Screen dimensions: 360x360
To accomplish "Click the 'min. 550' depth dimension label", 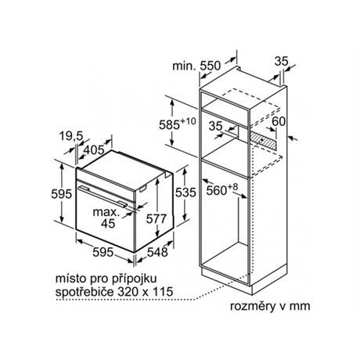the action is (196, 66).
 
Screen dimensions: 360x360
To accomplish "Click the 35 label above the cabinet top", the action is (282, 62).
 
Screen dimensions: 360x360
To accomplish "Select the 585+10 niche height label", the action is (178, 124).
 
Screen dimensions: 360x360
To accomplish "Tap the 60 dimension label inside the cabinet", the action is (279, 121).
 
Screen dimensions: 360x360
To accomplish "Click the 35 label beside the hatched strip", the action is (215, 126).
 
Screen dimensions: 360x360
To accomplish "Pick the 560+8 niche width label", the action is (222, 189).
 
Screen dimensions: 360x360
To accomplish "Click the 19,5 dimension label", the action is (71, 136).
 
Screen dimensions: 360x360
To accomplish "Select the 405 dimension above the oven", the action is (94, 150).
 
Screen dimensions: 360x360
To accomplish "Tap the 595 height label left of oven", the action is (61, 194).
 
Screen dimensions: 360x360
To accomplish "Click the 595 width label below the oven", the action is (103, 252).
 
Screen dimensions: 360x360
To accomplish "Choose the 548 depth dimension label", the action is (157, 252).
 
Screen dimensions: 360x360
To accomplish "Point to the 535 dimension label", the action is (185, 193).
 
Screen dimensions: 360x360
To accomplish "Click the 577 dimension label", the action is (157, 218).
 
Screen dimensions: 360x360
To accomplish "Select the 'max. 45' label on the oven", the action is (106, 218).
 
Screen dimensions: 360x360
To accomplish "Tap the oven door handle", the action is (103, 196).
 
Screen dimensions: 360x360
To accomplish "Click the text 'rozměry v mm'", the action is (270, 306).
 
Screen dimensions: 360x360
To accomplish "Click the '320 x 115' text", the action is (146, 291).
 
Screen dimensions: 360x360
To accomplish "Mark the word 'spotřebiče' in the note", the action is (85, 292).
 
